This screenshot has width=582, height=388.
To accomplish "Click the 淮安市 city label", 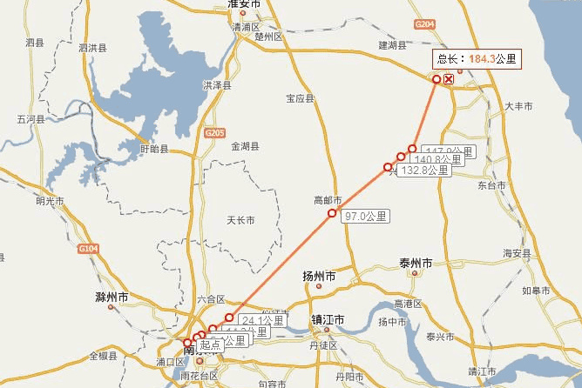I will tap(244, 4).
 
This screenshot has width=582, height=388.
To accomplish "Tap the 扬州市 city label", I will tap(319, 277).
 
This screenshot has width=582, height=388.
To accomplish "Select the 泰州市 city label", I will tap(416, 263).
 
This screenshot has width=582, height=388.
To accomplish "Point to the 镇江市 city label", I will tap(328, 320).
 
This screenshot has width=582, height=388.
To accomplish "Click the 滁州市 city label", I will tap(112, 298).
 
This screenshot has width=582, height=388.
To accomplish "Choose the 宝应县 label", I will tap(300, 99).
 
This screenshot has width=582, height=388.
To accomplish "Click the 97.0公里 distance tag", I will tap(366, 216).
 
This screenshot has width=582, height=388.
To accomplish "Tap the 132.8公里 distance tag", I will tap(424, 171).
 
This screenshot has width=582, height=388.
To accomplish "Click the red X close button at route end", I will tap(449, 79).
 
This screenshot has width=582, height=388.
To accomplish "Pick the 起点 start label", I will tap(210, 345).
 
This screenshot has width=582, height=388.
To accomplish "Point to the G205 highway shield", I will tap(214, 132).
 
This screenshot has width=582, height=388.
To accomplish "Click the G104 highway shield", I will tap(87, 248).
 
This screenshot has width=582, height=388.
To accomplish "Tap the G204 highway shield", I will tap(425, 25).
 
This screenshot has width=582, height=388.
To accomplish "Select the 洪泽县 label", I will tap(217, 86).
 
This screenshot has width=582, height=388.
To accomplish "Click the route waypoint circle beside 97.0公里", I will tap(331, 213).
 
